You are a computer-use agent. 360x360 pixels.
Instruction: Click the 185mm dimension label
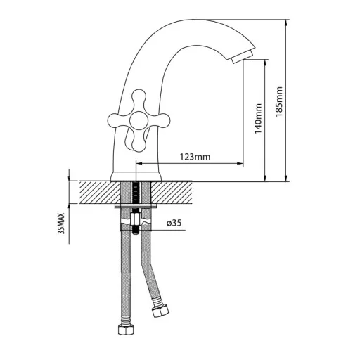[x=279, y=102]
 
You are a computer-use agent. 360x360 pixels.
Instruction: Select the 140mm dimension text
[x=258, y=119]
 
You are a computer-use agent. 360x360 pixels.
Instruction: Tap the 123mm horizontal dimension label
[x=195, y=157]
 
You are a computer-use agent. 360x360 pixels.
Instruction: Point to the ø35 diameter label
[x=174, y=223]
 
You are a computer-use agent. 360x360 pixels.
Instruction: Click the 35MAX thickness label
[x=61, y=224]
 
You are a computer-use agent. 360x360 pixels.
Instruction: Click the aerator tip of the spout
[x=242, y=56]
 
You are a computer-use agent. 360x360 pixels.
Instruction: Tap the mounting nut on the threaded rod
[x=136, y=219]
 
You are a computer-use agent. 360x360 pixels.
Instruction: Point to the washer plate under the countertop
[x=136, y=206]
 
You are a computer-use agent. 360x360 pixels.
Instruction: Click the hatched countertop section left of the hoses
[x=100, y=192]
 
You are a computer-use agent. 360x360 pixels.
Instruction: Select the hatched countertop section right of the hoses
[x=172, y=192]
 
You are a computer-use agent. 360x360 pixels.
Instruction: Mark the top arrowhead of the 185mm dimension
[x=286, y=22]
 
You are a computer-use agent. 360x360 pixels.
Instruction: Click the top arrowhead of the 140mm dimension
[x=265, y=63]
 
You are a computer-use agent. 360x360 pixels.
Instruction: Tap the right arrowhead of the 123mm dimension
[x=240, y=164]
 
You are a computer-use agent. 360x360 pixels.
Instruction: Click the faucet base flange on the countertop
[x=136, y=176]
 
